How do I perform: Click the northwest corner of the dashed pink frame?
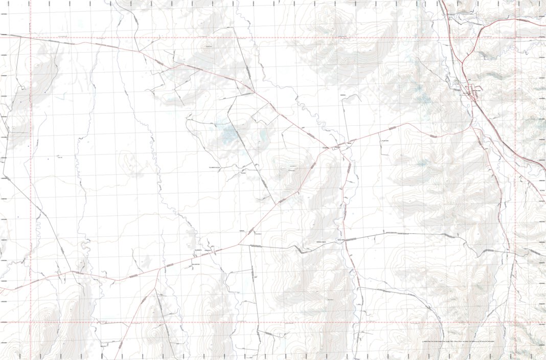31,37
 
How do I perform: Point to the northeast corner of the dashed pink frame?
515,37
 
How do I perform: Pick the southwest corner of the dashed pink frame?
31,323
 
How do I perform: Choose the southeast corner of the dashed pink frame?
515,323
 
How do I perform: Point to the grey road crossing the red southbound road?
346,240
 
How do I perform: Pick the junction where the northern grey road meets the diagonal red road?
254,92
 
